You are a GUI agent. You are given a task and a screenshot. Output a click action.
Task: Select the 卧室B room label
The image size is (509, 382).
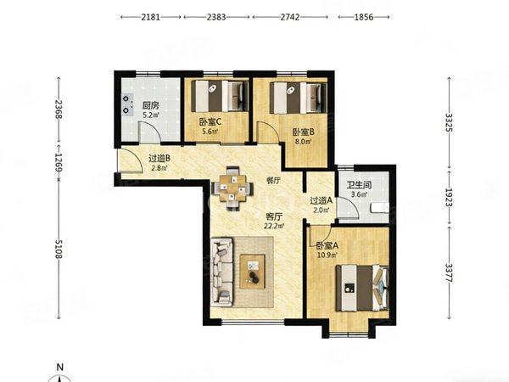(x=304, y=132)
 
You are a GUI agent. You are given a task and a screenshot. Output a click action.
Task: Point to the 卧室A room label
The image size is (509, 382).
(x=327, y=245)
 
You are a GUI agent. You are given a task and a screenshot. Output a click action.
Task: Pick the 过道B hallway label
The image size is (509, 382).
(x=159, y=158)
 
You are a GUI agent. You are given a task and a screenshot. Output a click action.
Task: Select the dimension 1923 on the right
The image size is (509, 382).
(x=450, y=194)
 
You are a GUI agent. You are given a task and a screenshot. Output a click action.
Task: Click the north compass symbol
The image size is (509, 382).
(x=59, y=373)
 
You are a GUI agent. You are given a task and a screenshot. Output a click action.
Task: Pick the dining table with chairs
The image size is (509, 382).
(x=232, y=188)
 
